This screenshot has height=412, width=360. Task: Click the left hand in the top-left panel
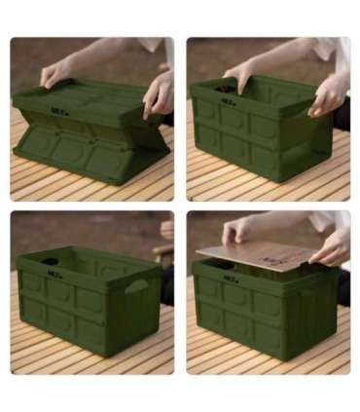tap(56, 73)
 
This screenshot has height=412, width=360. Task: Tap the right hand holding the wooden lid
tap(331, 247)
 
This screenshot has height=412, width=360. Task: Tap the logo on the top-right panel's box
tap(228, 98)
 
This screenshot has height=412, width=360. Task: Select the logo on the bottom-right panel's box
tap(232, 277)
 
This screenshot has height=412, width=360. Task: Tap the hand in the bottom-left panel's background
tap(166, 230)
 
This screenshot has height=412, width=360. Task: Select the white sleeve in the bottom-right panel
tap(331, 223)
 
